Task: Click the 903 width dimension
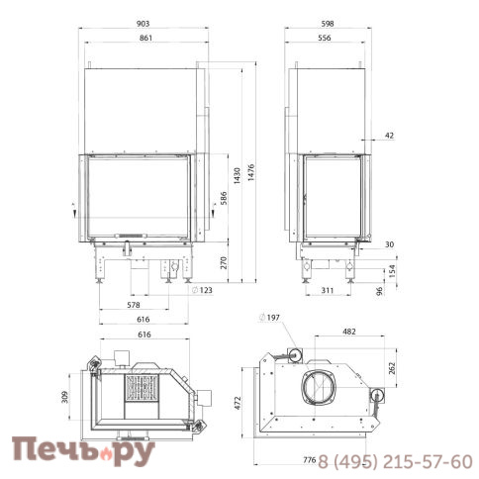tap(143, 24)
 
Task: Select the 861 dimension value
tap(145, 38)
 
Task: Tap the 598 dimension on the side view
tap(328, 24)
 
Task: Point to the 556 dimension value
tap(325, 38)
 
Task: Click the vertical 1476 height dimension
tap(251, 172)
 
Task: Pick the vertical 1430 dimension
tap(237, 176)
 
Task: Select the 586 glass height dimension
tap(224, 198)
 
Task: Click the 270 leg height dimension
tap(224, 262)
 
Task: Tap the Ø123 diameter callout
tap(202, 290)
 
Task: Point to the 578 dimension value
tap(134, 305)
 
